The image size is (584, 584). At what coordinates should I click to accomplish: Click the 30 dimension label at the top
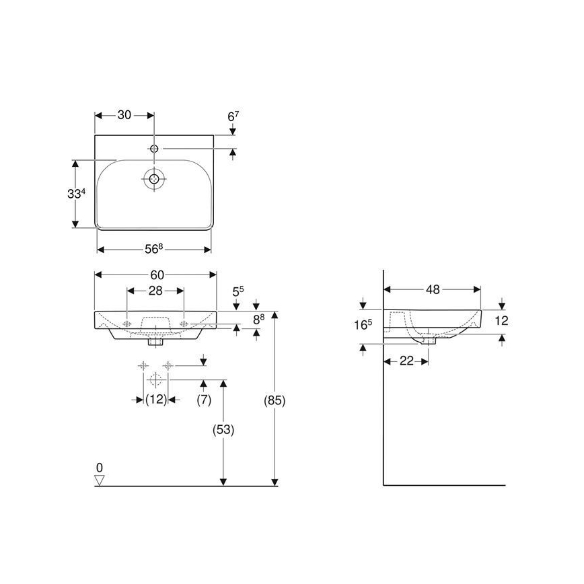[x=124, y=115]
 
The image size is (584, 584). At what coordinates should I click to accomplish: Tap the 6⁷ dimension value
[x=233, y=116]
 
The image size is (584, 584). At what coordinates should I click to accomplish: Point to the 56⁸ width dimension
[x=153, y=249]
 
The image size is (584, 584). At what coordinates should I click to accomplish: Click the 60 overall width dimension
[x=156, y=275]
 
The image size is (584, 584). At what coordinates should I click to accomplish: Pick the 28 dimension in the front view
[x=156, y=291]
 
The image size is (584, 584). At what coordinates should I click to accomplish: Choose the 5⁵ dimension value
[x=238, y=291]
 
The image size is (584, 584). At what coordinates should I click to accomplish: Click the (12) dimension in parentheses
[x=156, y=400]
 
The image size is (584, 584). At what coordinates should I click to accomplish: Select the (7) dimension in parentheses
[x=204, y=400]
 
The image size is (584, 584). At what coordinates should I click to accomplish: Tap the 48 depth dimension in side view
[x=432, y=290]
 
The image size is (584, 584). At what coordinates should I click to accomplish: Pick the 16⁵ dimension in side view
[x=364, y=324]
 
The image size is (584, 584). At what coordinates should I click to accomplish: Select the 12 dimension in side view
[x=501, y=321]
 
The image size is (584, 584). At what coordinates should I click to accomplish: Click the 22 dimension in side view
[x=406, y=361]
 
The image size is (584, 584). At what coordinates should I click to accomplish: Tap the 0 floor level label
[x=100, y=467]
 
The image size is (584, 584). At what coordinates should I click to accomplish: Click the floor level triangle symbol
[x=100, y=480]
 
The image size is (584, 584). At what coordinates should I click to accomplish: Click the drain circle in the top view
[x=155, y=179]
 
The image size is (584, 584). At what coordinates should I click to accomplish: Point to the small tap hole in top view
[x=155, y=148]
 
